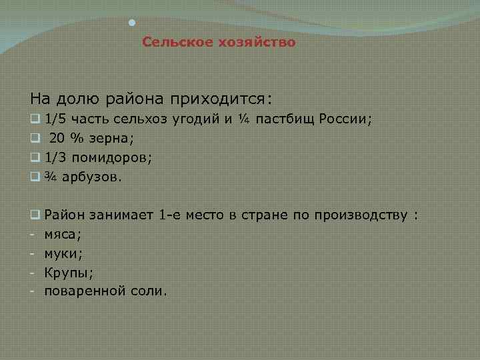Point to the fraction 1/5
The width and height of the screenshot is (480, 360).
click(x=54, y=121)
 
